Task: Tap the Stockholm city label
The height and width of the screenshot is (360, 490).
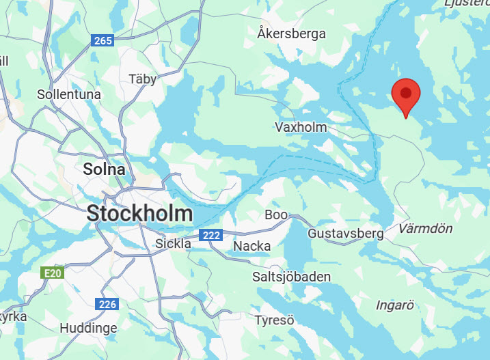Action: click(139, 213)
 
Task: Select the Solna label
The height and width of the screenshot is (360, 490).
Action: click(104, 169)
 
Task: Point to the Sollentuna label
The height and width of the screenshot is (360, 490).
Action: click(69, 94)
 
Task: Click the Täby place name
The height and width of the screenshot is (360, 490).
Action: click(143, 79)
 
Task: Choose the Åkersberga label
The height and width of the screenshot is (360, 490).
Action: click(292, 33)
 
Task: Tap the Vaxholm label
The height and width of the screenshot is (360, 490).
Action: click(301, 127)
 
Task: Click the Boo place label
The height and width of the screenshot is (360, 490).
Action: click(276, 214)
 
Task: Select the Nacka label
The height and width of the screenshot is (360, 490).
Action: click(252, 246)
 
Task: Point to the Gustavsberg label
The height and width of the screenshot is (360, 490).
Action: click(346, 234)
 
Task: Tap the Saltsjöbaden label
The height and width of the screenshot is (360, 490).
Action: click(292, 277)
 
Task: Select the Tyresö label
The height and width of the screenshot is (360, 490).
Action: click(274, 320)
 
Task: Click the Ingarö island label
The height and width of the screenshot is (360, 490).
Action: click(396, 305)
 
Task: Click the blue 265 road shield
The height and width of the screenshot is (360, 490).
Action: click(102, 41)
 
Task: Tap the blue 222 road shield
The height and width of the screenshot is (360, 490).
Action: click(210, 236)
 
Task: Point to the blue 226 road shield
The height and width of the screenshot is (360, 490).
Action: click(107, 304)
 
